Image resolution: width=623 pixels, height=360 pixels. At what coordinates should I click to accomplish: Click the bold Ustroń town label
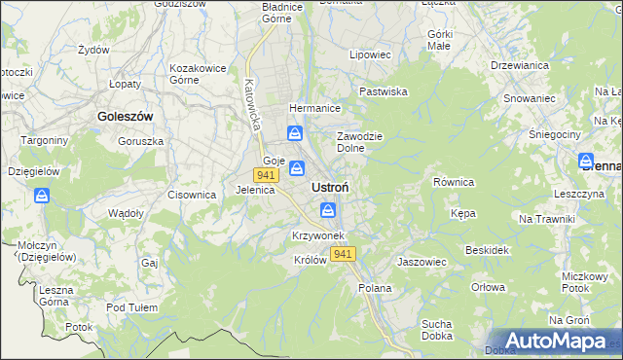point(331,187)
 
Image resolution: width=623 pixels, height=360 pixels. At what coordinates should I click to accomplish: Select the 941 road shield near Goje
point(265,175)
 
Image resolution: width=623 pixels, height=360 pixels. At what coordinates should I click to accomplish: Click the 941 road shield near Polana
point(342,254)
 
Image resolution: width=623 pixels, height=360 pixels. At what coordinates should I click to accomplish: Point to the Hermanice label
point(312,109)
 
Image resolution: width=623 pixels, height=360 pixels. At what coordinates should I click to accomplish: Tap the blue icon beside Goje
point(298,167)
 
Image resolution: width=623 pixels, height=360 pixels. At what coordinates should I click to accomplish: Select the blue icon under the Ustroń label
point(328,210)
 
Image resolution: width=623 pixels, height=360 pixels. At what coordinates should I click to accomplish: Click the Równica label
point(453,182)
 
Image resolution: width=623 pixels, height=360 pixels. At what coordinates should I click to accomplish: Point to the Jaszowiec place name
point(421,263)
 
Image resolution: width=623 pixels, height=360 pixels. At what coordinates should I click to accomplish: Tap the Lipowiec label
point(370,55)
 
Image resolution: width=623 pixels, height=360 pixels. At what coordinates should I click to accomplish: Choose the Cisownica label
point(191,195)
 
